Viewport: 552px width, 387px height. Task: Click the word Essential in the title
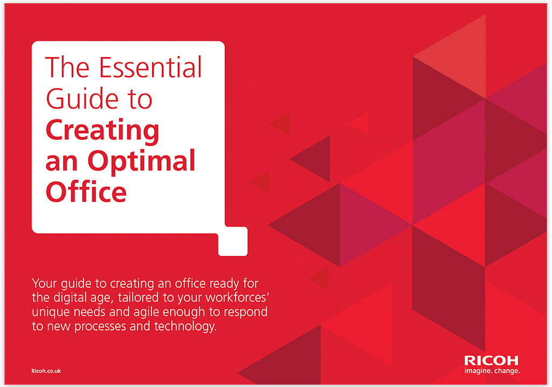[150, 67]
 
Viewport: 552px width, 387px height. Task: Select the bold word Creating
[102, 131]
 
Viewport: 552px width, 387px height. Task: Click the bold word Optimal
[141, 161]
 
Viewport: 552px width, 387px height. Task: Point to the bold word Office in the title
[86, 192]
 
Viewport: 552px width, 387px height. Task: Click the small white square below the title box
[233, 241]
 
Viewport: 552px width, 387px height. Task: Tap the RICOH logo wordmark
[491, 361]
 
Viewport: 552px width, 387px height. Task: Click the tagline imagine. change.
[492, 371]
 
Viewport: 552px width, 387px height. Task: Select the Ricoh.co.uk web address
[46, 371]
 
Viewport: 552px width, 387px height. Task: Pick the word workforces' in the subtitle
[238, 297]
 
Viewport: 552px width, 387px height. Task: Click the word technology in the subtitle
[185, 327]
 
